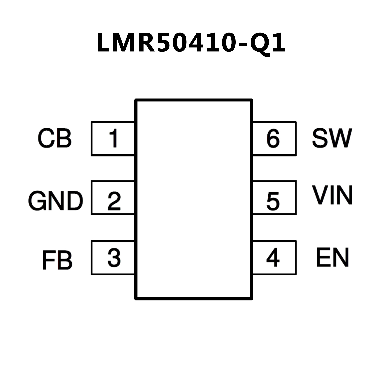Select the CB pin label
[x=55, y=138]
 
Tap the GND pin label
[x=55, y=201]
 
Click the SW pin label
[x=332, y=138]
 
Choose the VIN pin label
[x=333, y=195]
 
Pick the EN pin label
[x=332, y=258]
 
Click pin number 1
[x=114, y=138]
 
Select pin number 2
[x=114, y=201]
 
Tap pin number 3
[x=114, y=257]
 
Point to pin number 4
[x=273, y=258]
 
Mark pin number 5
[x=273, y=201]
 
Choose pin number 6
[x=273, y=138]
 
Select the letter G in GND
[x=38, y=201]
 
